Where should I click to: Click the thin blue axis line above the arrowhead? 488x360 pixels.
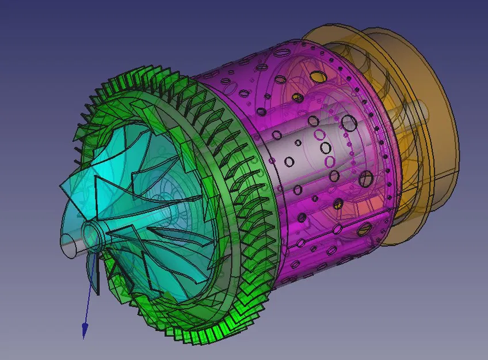click(88, 300)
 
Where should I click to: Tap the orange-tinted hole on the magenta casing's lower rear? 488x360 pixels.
click(364, 230)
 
